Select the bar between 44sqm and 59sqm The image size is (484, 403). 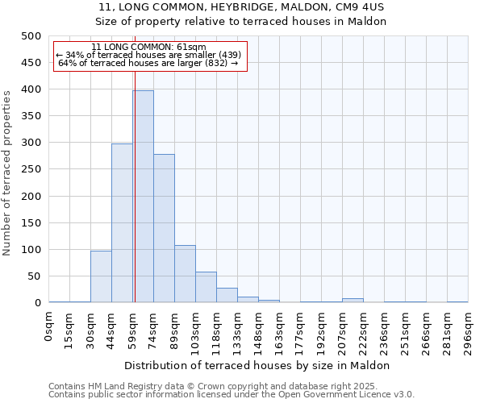(122, 222)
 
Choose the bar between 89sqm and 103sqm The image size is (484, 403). (185, 274)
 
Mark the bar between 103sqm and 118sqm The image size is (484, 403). (206, 287)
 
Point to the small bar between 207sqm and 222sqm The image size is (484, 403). (353, 300)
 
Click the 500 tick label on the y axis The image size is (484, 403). (31, 36)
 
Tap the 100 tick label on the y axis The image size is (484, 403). (31, 250)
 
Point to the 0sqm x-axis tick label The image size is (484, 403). (49, 327)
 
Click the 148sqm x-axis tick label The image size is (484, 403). (259, 330)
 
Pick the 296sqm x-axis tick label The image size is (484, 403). (469, 330)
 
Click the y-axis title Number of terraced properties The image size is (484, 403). (7, 172)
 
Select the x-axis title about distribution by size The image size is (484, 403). (258, 365)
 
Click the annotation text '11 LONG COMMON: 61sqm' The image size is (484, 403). (149, 48)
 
